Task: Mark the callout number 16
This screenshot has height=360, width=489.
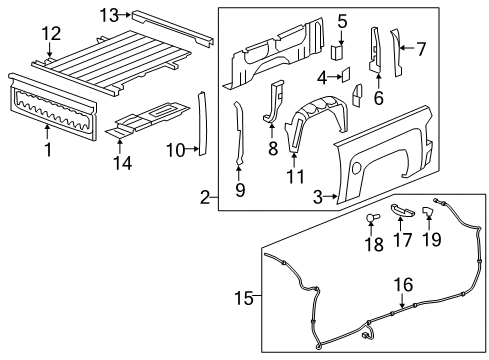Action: click(401, 285)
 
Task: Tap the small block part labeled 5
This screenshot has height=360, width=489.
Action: click(340, 47)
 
